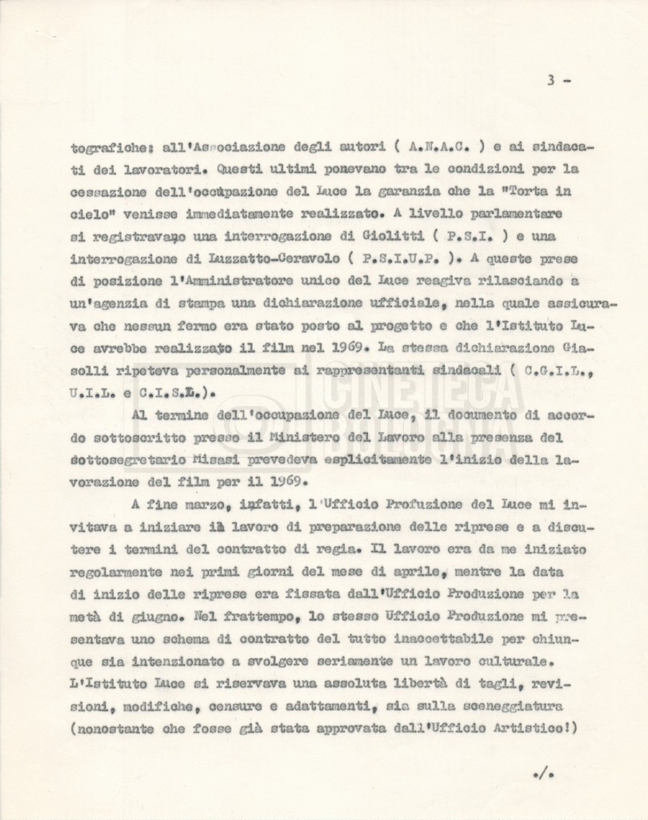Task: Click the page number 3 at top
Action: [x=551, y=80]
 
